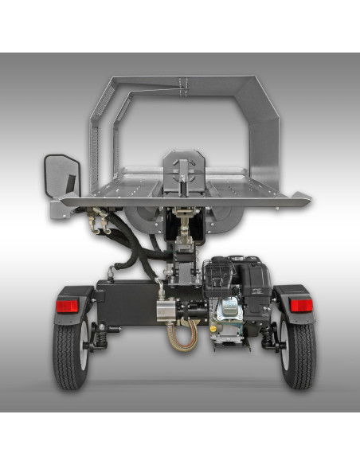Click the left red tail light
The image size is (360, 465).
tap(67, 306)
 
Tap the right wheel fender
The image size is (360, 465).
tap(293, 292)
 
